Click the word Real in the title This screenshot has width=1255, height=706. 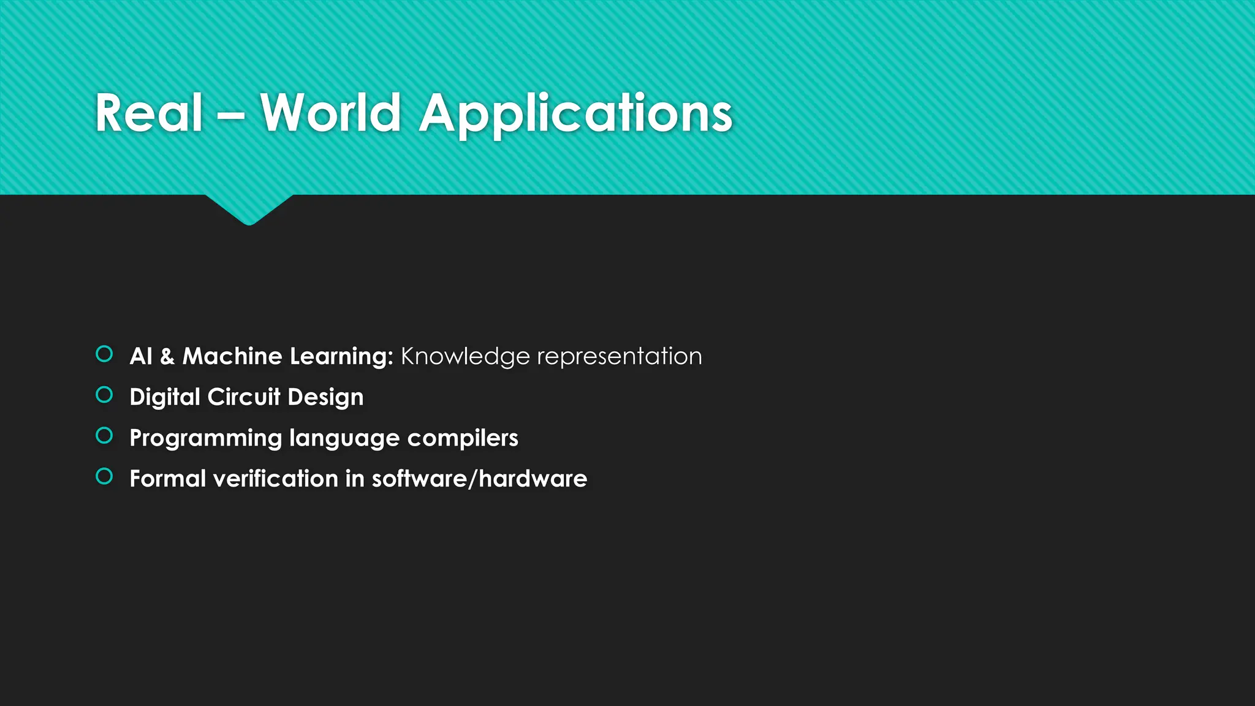point(148,113)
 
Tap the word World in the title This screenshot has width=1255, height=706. point(330,113)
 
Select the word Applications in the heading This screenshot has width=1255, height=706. point(575,114)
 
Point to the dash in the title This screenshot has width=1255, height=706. point(231,114)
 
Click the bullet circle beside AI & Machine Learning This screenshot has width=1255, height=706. point(105,354)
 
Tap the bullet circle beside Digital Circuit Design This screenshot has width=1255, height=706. point(105,395)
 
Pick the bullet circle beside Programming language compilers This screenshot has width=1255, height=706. point(105,436)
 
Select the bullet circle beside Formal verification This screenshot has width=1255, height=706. point(105,477)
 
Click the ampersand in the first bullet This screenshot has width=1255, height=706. point(167,357)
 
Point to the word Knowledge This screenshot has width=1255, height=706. point(465,357)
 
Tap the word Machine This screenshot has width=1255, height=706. point(232,357)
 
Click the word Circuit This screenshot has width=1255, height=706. point(244,397)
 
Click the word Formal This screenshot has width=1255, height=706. point(167,479)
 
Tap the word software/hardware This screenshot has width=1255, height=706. point(479,479)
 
